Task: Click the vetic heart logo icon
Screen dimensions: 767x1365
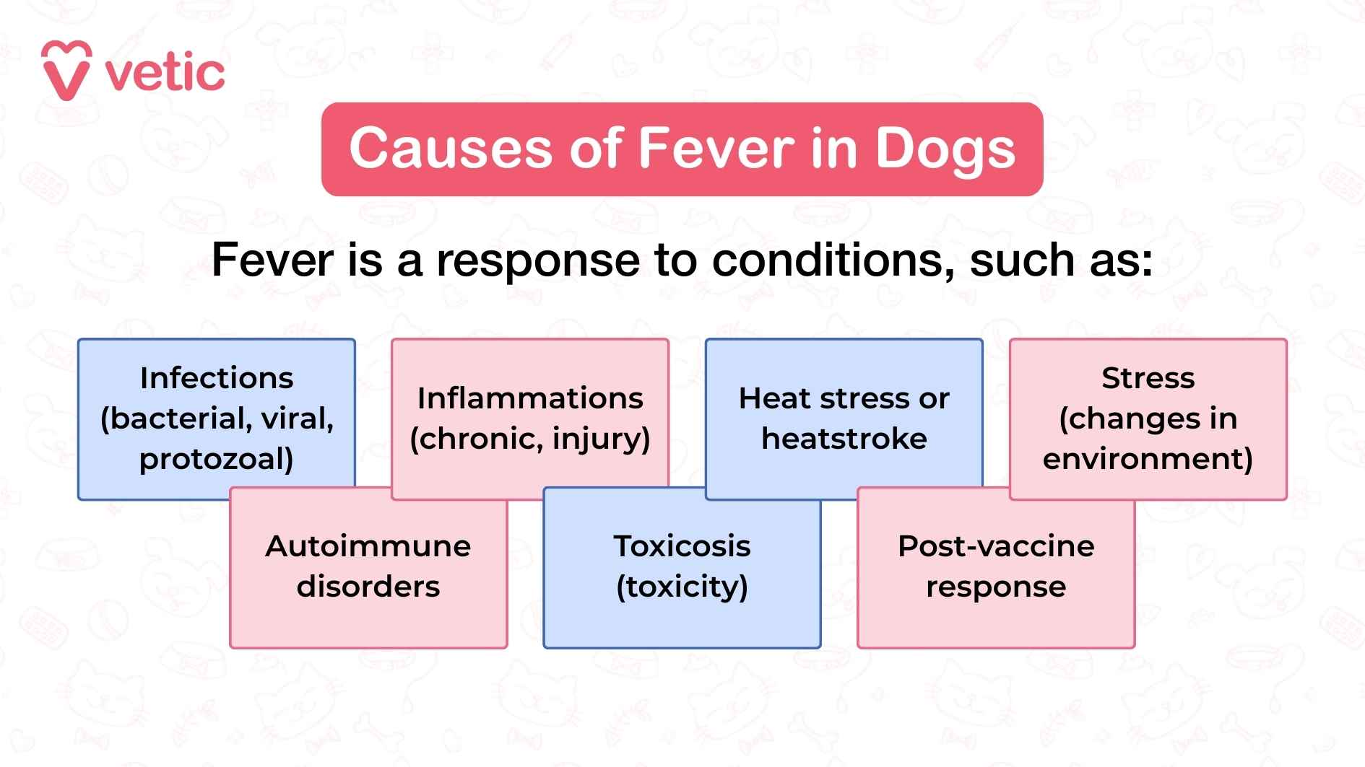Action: click(x=66, y=70)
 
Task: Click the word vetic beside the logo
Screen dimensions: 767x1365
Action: click(x=165, y=74)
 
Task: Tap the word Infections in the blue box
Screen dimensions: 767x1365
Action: click(x=217, y=378)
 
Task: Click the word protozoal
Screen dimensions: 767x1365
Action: click(x=217, y=459)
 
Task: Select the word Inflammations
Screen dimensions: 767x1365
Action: click(x=530, y=398)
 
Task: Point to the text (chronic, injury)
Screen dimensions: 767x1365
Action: click(x=530, y=439)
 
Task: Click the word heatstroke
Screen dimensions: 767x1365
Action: click(x=844, y=439)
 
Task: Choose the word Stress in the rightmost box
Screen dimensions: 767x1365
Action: click(x=1148, y=378)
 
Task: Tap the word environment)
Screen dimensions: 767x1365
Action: click(x=1148, y=459)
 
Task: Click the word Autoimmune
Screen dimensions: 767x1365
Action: click(x=368, y=546)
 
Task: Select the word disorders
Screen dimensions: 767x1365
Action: click(x=368, y=587)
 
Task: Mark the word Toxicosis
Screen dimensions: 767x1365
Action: click(x=682, y=546)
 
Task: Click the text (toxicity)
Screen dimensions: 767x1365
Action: click(x=682, y=587)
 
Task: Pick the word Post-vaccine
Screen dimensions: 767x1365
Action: click(x=996, y=546)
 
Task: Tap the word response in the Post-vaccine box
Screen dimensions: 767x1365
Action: click(x=996, y=587)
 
